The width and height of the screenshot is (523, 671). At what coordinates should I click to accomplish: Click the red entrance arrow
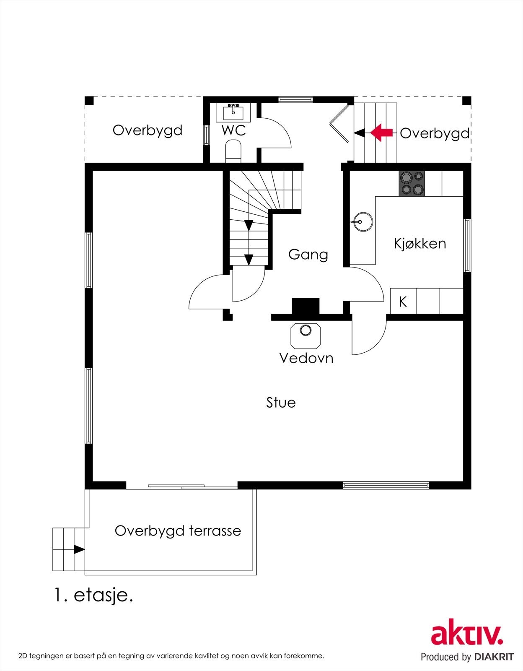[x=381, y=133]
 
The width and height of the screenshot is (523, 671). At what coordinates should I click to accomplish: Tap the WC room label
[x=233, y=130]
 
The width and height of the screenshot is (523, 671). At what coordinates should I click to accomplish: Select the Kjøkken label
[x=420, y=244]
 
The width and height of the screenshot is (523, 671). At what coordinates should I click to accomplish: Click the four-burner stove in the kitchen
[x=412, y=183]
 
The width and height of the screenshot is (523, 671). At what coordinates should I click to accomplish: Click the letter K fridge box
[x=403, y=301]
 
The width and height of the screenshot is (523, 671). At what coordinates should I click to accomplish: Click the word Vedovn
[x=306, y=358]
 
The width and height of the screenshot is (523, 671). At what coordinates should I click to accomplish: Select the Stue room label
[x=281, y=403]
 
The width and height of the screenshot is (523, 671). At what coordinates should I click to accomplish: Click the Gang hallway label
[x=308, y=255]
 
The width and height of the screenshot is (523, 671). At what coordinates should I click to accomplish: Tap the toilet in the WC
[x=233, y=151]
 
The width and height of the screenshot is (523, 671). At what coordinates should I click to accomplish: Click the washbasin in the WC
[x=233, y=112]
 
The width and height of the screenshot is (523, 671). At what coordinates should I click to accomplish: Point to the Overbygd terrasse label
[x=178, y=531]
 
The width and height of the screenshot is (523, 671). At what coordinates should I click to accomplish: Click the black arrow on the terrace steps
[x=79, y=549]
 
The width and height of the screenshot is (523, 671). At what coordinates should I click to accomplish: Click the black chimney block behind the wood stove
[x=306, y=306]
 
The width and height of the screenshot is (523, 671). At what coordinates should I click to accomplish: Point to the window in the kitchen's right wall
[x=467, y=245]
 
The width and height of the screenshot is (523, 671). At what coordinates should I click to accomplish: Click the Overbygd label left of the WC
[x=148, y=130]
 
